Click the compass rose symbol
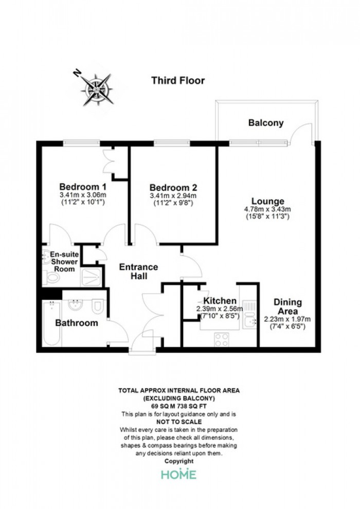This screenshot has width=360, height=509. (x=97, y=89)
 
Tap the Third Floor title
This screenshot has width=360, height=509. (x=178, y=81)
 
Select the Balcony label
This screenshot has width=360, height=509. (x=266, y=123)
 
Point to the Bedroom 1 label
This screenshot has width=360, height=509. (x=83, y=187)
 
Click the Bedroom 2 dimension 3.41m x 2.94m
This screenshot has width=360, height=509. (x=173, y=196)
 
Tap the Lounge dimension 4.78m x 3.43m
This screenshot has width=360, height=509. (x=267, y=209)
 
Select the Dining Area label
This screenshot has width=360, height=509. (x=287, y=306)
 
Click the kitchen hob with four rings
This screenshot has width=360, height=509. (x=222, y=339)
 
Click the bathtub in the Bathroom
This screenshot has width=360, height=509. (x=51, y=323)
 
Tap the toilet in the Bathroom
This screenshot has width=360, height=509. (x=97, y=306)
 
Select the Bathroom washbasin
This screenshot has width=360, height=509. (x=76, y=305)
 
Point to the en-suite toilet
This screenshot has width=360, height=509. (x=51, y=278)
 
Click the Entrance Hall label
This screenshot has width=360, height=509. (x=139, y=271)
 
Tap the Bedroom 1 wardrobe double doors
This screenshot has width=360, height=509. (x=108, y=161)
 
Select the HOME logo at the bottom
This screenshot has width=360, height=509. (x=179, y=475)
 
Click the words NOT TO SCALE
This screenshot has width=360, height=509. (x=179, y=422)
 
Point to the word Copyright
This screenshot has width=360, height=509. (x=179, y=461)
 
